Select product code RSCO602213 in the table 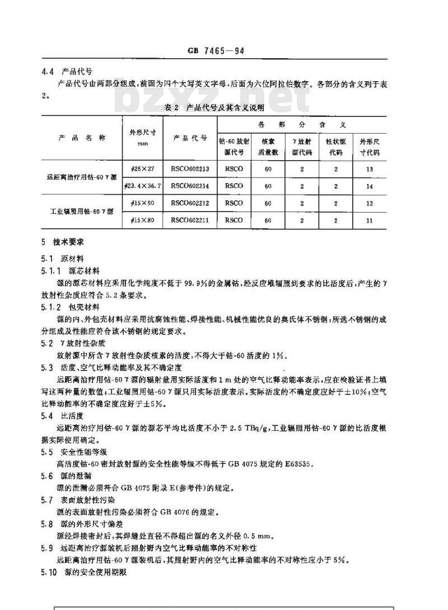click(x=189, y=168)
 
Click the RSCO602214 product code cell click(x=189, y=186)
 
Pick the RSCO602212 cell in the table click(x=189, y=204)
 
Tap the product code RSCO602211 click(x=189, y=220)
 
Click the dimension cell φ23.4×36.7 click(x=142, y=186)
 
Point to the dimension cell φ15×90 click(x=142, y=204)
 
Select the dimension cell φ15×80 click(x=142, y=220)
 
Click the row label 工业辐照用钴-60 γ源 click(x=81, y=212)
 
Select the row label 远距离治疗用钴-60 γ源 click(x=81, y=177)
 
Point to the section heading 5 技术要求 click(x=64, y=243)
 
